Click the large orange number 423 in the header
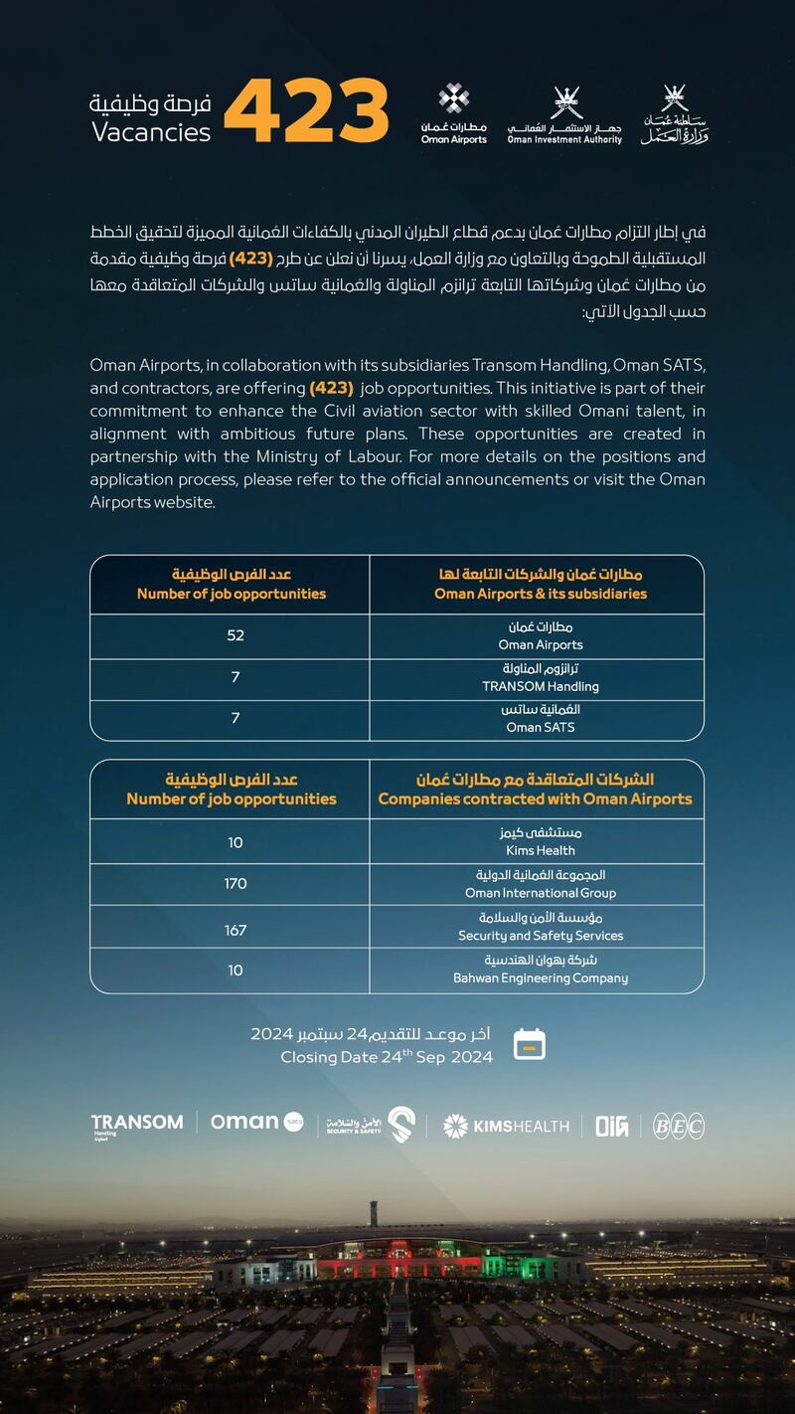pos(306,110)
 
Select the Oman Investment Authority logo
pos(564,115)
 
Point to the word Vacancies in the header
pos(151,132)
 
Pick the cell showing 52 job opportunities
pos(236,635)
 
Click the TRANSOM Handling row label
pos(540,678)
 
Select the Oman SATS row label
pos(540,719)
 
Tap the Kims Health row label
pos(540,841)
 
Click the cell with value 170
pos(236,883)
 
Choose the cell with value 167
pos(236,930)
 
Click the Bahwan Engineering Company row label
pos(540,970)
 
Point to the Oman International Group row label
pos(540,884)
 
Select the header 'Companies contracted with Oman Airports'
pos(535,789)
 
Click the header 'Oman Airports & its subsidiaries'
pos(540,584)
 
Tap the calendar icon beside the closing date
pos(529,1045)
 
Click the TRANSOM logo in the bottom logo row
pos(136,1124)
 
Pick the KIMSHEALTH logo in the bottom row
pos(506,1126)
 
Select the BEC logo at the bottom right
pos(678,1126)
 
